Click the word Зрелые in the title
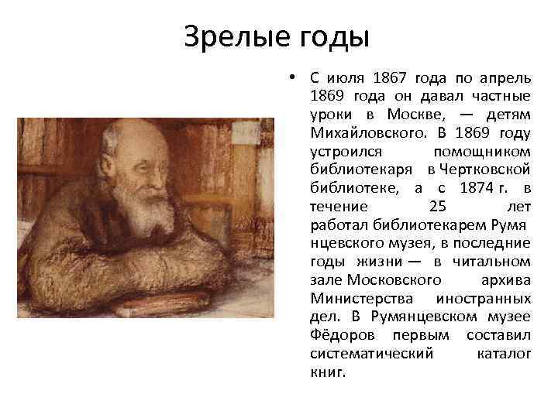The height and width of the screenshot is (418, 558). point(232,36)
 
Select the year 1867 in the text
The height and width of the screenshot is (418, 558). point(388,77)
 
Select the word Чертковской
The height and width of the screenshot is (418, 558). point(484,170)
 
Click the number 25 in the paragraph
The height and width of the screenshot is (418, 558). point(436,207)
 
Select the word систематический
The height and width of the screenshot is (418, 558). point(370,355)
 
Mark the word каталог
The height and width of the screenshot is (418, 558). point(505,355)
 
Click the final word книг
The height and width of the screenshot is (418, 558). point(325,372)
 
